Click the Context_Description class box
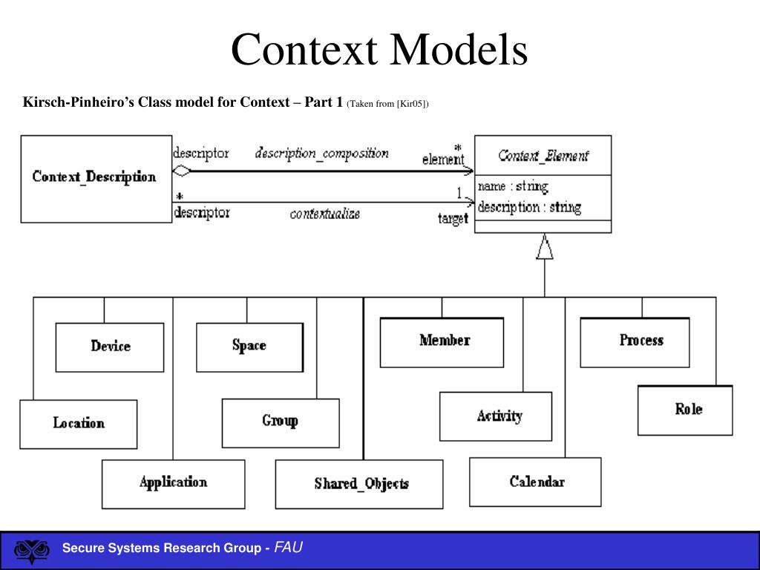[96, 179]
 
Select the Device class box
[110, 347]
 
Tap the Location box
[79, 424]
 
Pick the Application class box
[173, 484]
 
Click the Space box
[249, 347]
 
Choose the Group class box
[281, 423]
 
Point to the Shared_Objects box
[359, 484]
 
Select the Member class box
[442, 342]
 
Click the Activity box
[496, 416]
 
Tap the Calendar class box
[535, 482]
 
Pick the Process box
[635, 342]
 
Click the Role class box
[685, 410]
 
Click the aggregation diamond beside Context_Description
[182, 171]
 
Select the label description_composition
[322, 153]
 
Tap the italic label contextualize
[325, 214]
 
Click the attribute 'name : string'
[513, 186]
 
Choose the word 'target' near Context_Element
[453, 219]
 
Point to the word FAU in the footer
[289, 547]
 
